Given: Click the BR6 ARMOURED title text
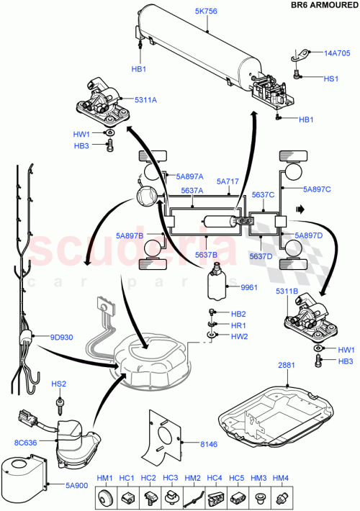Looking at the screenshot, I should pyautogui.click(x=320, y=5).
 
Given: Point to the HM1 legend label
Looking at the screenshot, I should pyautogui.click(x=105, y=478).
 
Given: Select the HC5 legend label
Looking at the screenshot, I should pyautogui.click(x=238, y=478).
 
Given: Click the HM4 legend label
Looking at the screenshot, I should pyautogui.click(x=282, y=478).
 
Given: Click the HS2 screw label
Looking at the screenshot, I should pyautogui.click(x=59, y=384).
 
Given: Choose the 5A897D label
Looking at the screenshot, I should pyautogui.click(x=309, y=235).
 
